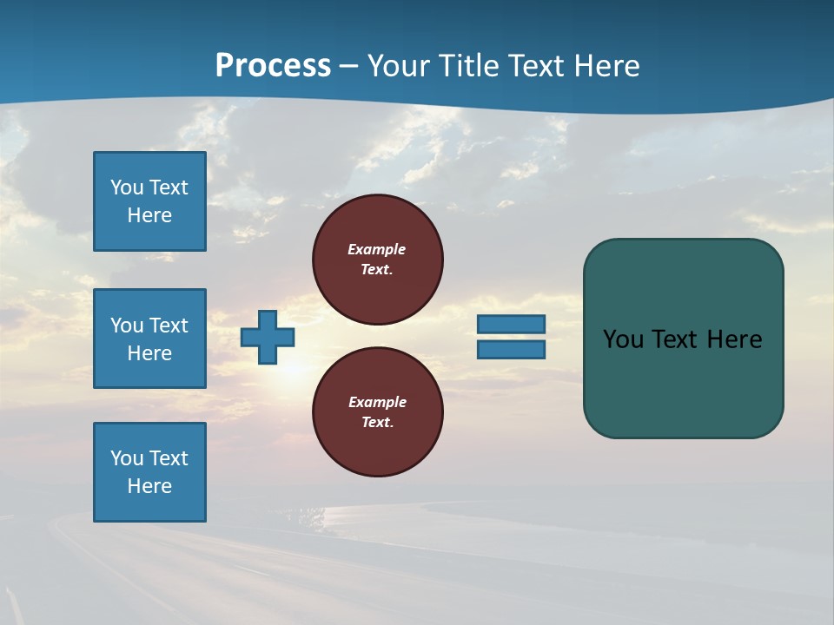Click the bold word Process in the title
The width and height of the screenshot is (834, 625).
(x=273, y=66)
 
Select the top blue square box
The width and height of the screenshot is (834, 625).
(x=149, y=201)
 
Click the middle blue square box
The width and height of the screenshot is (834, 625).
(x=149, y=339)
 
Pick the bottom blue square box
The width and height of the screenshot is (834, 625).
(x=149, y=472)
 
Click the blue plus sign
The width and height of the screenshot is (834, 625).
(x=268, y=337)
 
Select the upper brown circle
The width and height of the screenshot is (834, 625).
(x=378, y=260)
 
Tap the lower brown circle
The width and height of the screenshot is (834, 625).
(x=378, y=412)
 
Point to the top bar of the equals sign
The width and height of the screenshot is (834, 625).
(x=511, y=324)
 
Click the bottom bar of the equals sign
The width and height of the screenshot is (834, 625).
(x=511, y=349)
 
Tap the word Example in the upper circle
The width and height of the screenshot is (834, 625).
(x=377, y=249)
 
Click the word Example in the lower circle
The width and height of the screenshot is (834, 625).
(x=377, y=402)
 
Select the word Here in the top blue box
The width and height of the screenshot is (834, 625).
(x=149, y=215)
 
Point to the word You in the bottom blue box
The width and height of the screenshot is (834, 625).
(x=127, y=458)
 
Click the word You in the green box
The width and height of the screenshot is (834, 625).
(x=623, y=339)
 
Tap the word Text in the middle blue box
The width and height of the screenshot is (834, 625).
(x=169, y=326)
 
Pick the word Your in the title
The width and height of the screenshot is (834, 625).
(x=400, y=66)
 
